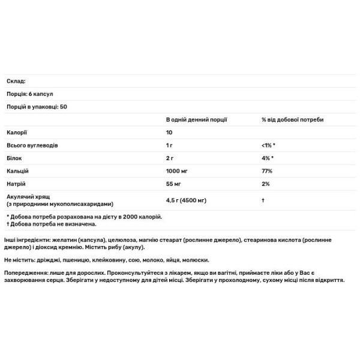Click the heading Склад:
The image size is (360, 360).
tap(16, 81)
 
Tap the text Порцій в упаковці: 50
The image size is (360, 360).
tap(36, 106)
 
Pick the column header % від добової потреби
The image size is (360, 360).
tap(292, 119)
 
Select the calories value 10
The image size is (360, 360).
tap(169, 132)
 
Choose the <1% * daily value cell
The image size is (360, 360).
tap(268, 145)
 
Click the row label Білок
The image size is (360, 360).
tap(15, 158)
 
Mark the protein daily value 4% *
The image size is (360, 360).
tap(268, 158)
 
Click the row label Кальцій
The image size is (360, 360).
tap(18, 170)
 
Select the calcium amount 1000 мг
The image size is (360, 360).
tap(178, 170)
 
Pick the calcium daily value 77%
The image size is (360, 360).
tap(267, 170)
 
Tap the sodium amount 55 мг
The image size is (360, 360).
tap(173, 183)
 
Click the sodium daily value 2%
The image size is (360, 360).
tap(265, 183)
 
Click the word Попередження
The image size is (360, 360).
tap(26, 272)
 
